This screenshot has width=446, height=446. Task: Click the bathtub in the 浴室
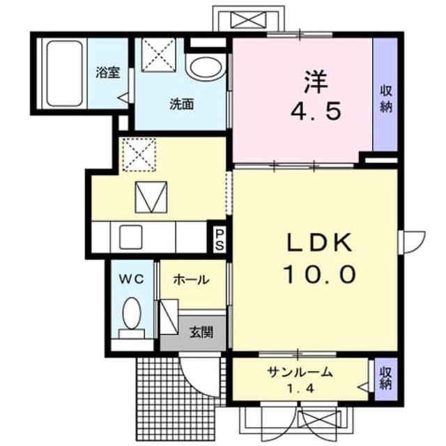pos(64,73)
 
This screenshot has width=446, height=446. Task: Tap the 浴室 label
pos(108,72)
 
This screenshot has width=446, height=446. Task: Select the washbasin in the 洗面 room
pos(206,69)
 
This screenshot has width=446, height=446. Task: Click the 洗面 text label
pos(182,104)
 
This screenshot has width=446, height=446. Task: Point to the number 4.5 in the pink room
pos(316,111)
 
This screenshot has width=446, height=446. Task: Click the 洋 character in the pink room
pos(316,82)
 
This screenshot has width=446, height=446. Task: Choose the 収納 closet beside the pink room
pos(385,95)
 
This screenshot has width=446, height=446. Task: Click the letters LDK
pos(319,243)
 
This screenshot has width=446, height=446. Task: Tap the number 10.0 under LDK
pos(320,274)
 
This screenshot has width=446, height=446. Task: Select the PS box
pos(220,240)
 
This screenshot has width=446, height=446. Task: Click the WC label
pos(131,280)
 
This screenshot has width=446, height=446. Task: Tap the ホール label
pos(191,280)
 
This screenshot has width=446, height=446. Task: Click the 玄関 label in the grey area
pos(201,332)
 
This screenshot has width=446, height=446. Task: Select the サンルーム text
pos(300,372)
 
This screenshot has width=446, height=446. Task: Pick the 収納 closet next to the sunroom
pos(385,378)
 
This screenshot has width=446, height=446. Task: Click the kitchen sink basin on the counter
pos(131,237)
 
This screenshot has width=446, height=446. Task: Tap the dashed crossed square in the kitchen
pos(139,155)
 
